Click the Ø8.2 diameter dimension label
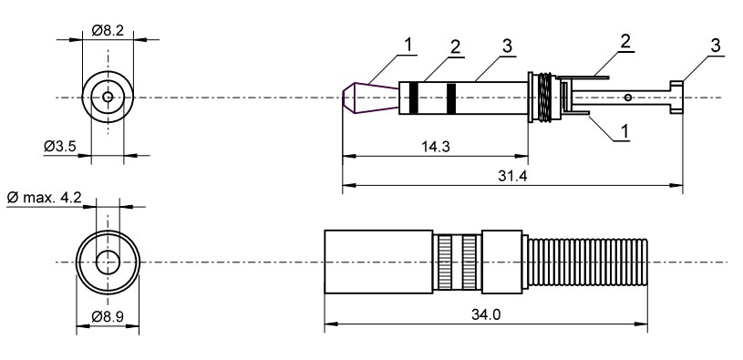point(108,31)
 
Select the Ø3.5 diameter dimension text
point(59,147)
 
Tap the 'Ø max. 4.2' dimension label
point(45,197)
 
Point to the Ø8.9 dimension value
point(108,316)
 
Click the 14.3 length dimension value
point(436,147)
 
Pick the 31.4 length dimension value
point(512,176)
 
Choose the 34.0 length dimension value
point(486,314)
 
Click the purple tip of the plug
point(370,98)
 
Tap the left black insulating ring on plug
point(414,98)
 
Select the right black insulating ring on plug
point(451,98)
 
